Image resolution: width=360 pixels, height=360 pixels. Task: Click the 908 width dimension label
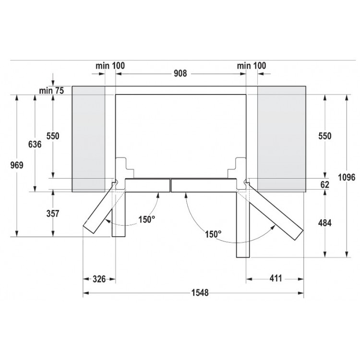(x=180, y=73)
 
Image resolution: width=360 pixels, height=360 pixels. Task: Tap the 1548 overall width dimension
(x=200, y=293)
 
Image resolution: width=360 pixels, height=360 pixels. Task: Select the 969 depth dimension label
(x=17, y=165)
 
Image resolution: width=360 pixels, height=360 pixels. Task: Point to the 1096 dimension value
(x=347, y=177)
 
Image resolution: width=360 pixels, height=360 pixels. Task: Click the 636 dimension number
(x=35, y=144)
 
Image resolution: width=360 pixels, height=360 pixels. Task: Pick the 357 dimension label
(x=53, y=214)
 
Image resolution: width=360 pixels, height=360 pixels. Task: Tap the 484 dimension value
(x=324, y=223)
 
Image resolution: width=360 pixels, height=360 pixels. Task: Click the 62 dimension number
(x=324, y=185)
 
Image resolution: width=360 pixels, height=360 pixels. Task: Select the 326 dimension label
(x=99, y=279)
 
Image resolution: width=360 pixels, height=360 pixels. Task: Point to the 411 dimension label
(x=276, y=278)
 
